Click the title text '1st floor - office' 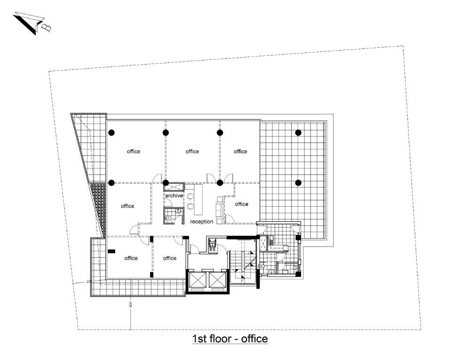[x=230, y=339]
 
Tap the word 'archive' [x=174, y=195]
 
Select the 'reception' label [x=201, y=222]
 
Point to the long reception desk [x=198, y=200]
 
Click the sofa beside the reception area [x=220, y=210]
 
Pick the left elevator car [x=198, y=280]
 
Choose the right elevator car [x=217, y=280]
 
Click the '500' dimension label [x=130, y=304]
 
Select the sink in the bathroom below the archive [x=178, y=212]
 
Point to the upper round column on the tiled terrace [x=298, y=132]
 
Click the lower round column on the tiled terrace [x=298, y=182]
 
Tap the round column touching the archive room [x=166, y=182]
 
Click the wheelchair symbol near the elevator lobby [x=213, y=246]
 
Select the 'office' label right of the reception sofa [x=242, y=204]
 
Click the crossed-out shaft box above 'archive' [x=174, y=187]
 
